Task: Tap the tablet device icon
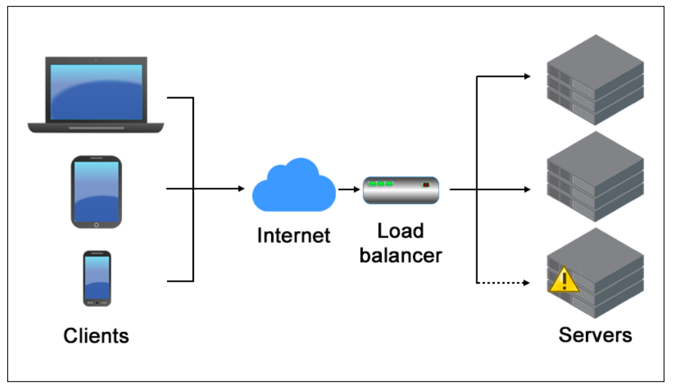point(96,192)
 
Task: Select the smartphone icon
point(97,278)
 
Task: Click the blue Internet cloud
point(294,186)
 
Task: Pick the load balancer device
point(400,190)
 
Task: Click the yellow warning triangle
point(564,280)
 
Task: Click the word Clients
point(96,336)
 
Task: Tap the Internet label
point(294,236)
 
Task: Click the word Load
point(400,231)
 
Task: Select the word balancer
point(400,255)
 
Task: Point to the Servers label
point(595,335)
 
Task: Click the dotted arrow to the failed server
point(503,283)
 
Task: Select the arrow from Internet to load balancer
point(348,189)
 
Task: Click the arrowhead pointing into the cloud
point(240,189)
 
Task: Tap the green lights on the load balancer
point(380,184)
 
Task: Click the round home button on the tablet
point(96,225)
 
